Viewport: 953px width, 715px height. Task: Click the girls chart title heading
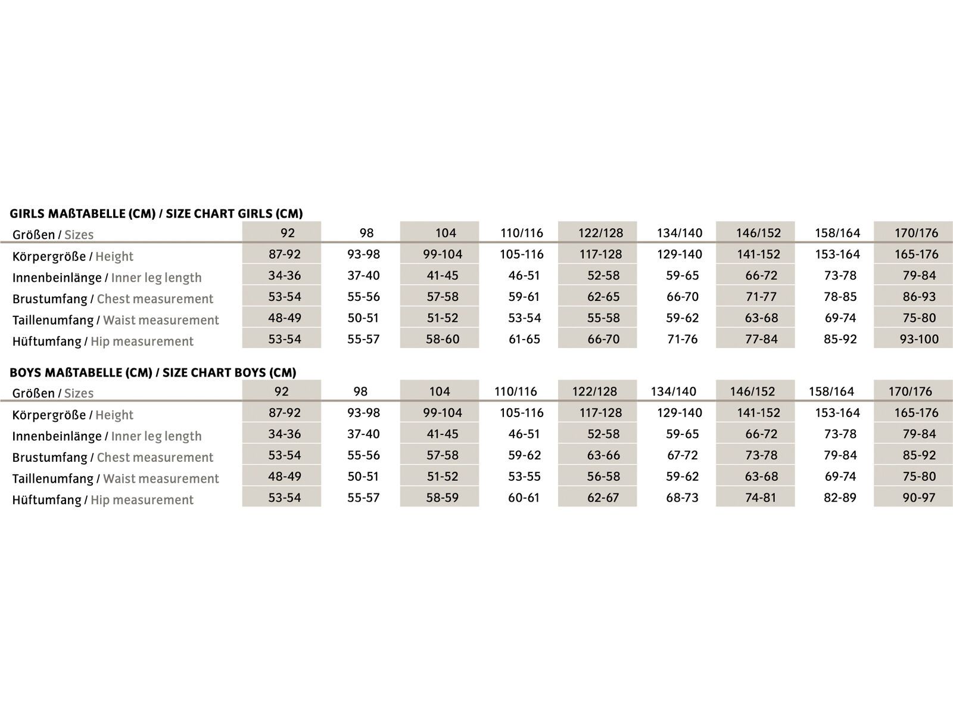coord(156,213)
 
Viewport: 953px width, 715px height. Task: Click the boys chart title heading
coord(152,372)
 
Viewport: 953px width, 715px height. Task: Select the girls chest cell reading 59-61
coord(524,297)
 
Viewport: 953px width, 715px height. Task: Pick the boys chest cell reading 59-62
coord(524,455)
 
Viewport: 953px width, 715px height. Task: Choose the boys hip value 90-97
coord(918,498)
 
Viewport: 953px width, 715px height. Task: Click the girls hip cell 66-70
coord(603,339)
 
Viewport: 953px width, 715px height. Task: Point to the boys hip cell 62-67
coord(603,498)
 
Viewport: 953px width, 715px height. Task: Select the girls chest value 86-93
coord(918,297)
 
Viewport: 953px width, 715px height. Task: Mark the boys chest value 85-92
coord(918,455)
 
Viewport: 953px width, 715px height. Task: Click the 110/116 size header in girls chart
coord(521,233)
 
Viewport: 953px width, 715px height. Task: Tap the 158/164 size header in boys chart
coord(831,391)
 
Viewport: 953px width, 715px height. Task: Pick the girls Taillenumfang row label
coord(116,320)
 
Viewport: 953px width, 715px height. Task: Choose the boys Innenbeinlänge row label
coord(107,436)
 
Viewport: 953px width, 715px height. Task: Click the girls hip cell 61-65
coord(524,339)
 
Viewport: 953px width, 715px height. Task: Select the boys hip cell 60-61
coord(524,498)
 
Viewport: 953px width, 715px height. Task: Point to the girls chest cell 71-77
coord(761,297)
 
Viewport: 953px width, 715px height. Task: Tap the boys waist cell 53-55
coord(524,476)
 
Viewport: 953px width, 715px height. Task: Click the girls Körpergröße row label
coord(73,257)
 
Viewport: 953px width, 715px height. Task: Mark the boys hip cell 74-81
coord(761,498)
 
